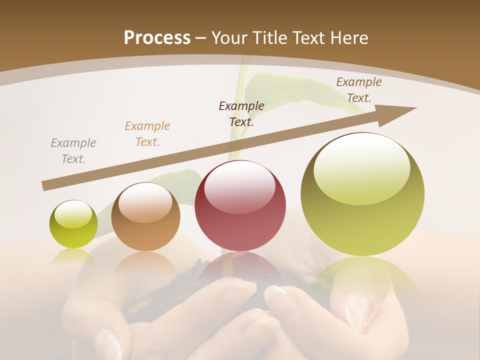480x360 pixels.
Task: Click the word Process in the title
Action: click(x=157, y=38)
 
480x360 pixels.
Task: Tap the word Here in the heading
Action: click(x=348, y=38)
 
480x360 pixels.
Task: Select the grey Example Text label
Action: click(x=73, y=151)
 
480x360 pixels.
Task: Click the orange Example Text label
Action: click(x=147, y=134)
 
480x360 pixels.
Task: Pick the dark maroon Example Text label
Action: click(x=241, y=113)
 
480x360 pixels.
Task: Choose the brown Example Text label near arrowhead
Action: click(x=358, y=90)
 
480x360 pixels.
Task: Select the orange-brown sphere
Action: click(x=145, y=217)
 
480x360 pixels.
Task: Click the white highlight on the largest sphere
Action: click(x=361, y=167)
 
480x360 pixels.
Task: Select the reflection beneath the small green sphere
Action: click(x=73, y=255)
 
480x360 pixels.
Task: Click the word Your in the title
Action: click(x=227, y=38)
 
